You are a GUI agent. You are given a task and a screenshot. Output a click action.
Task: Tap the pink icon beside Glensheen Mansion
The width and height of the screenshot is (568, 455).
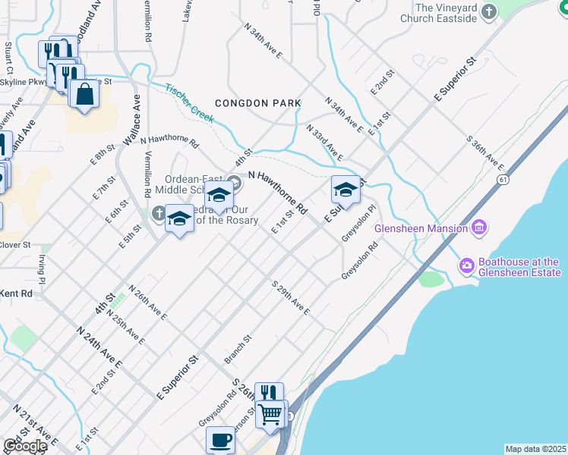coord(478,227)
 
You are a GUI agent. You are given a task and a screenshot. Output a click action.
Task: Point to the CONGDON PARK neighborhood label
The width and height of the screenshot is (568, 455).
coord(257,103)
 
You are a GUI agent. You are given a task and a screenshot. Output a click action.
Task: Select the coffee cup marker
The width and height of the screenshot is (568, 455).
coord(220,439)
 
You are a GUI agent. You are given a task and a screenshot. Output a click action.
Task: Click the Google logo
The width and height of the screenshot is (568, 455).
coord(24,446)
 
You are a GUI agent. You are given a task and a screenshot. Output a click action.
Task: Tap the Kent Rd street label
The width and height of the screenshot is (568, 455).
coord(17,293)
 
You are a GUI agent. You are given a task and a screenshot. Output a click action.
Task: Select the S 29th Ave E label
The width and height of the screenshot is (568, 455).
coord(291,297)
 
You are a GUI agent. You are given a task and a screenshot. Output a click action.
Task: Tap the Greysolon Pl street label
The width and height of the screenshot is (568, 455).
coord(359,223)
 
